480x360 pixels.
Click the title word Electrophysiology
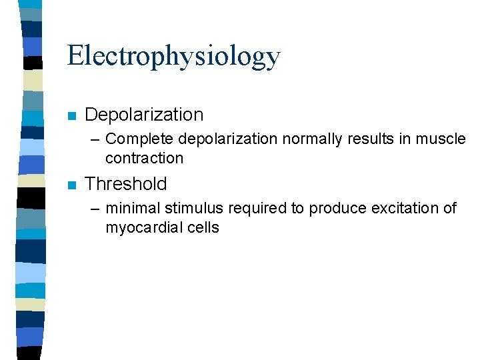173,57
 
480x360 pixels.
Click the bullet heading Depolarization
144,115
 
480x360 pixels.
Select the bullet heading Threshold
126,184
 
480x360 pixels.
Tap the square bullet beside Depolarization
73,116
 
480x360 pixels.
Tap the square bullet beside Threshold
73,185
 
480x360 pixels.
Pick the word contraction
143,159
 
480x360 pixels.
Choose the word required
257,209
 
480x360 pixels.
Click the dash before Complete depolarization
95,139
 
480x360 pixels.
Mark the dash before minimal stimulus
95,209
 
